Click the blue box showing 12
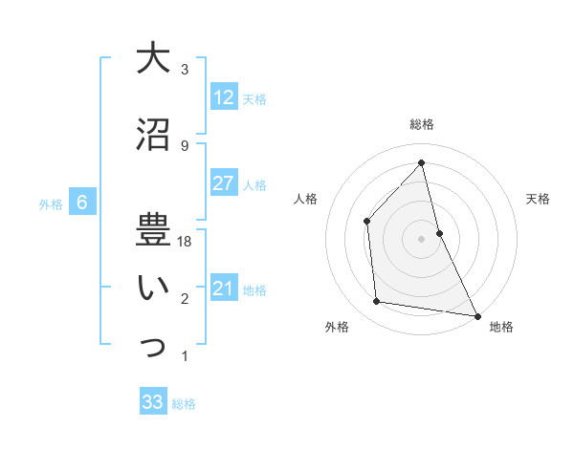point(223,96)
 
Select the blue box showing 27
point(223,183)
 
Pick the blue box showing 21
point(223,289)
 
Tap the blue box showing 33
point(153,402)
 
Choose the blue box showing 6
point(82,202)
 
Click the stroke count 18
point(186,242)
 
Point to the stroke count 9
point(185,146)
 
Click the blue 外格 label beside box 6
point(51,203)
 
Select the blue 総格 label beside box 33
point(184,404)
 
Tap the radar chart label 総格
point(422,124)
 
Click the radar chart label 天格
point(538,199)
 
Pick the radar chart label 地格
point(501,327)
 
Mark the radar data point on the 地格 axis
point(476,315)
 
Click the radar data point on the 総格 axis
point(422,162)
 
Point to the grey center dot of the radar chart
point(422,238)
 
